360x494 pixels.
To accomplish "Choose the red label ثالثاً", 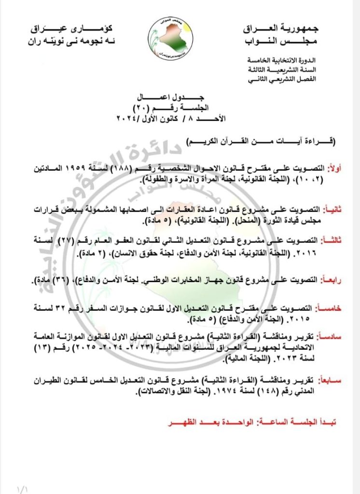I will click(x=334, y=240).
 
